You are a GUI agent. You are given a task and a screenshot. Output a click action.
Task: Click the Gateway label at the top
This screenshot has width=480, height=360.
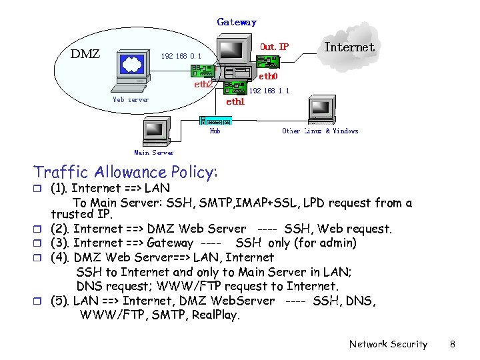pos(237,22)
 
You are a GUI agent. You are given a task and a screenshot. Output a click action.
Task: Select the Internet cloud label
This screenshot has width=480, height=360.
pos(349,47)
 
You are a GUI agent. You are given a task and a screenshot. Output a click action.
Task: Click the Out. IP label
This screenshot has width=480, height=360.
pos(274,47)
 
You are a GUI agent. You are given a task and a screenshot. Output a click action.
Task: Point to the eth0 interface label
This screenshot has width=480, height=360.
pos(268,77)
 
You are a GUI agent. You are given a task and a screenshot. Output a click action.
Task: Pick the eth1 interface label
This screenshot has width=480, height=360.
pos(235,102)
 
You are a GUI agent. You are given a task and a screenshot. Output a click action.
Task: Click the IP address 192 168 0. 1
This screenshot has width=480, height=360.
pos(181,57)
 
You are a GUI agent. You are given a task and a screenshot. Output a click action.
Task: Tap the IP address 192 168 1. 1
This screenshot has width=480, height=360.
pos(269,91)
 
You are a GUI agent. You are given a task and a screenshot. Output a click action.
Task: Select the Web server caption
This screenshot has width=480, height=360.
pos(131,100)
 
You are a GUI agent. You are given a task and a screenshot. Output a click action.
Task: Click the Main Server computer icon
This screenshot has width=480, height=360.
pos(153,131)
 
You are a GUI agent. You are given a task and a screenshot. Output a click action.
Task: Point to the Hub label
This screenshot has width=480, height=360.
pos(215,131)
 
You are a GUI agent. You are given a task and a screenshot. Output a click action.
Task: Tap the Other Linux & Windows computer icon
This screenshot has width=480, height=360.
pos(319,110)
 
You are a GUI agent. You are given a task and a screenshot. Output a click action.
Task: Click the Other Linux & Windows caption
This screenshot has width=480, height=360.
pos(320,131)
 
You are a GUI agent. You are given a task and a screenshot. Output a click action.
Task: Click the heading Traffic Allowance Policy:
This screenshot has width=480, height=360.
pos(126,173)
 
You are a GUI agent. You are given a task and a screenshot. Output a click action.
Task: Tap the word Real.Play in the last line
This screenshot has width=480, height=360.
pos(215,315)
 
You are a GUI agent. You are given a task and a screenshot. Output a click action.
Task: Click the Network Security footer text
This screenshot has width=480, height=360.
pos(388,344)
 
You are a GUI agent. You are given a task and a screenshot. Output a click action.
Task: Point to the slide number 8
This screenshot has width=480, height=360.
pos(452,344)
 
